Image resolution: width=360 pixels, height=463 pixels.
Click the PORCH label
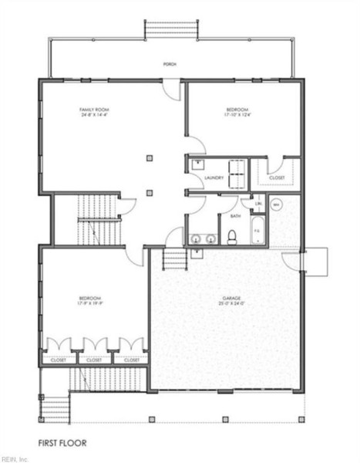pyautogui.click(x=169, y=64)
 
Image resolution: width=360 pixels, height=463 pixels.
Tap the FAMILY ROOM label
pyautogui.click(x=95, y=110)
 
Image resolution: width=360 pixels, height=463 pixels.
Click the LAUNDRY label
pyautogui.click(x=214, y=178)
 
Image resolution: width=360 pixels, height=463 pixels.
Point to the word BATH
pyautogui.click(x=234, y=216)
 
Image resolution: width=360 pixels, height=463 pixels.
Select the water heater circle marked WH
pyautogui.click(x=277, y=204)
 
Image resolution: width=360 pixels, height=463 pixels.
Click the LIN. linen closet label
pyautogui.click(x=258, y=204)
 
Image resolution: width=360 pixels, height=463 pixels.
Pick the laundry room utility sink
pyautogui.click(x=198, y=164)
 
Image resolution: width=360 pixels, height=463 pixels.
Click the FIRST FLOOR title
pyautogui.click(x=62, y=443)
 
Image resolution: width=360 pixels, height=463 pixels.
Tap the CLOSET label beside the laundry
pyautogui.click(x=277, y=178)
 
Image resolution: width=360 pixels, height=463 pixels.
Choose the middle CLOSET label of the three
pyautogui.click(x=94, y=360)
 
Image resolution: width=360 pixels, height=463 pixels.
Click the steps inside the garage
pyautogui.click(x=176, y=259)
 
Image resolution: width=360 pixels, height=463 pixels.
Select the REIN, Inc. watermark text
pyautogui.click(x=15, y=458)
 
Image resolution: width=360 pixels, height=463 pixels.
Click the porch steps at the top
pyautogui.click(x=173, y=29)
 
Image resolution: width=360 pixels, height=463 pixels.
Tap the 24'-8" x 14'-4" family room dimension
pyautogui.click(x=95, y=117)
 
